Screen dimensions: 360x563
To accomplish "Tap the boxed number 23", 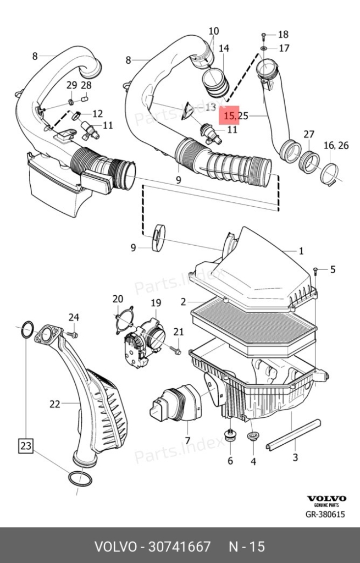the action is [25, 445].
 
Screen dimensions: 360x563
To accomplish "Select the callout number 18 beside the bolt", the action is [283, 35].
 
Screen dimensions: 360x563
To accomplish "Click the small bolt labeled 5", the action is [315, 271].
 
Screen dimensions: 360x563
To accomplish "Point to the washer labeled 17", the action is [264, 48].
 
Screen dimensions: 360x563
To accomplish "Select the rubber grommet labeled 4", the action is [253, 437].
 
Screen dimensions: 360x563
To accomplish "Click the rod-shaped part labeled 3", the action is [293, 434].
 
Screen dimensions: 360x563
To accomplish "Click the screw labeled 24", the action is [72, 335].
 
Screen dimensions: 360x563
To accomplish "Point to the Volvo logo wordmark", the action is [326, 498].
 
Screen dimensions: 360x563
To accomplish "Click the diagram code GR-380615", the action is [325, 514].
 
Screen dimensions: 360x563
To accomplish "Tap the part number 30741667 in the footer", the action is [180, 547].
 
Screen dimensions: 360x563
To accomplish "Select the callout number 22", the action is [54, 404].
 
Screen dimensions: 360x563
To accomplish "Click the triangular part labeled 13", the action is [187, 111].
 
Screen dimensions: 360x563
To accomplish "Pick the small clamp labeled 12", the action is [76, 115].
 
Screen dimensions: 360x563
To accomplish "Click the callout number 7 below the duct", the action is [187, 440].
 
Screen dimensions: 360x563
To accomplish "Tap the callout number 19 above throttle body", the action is [156, 303].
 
